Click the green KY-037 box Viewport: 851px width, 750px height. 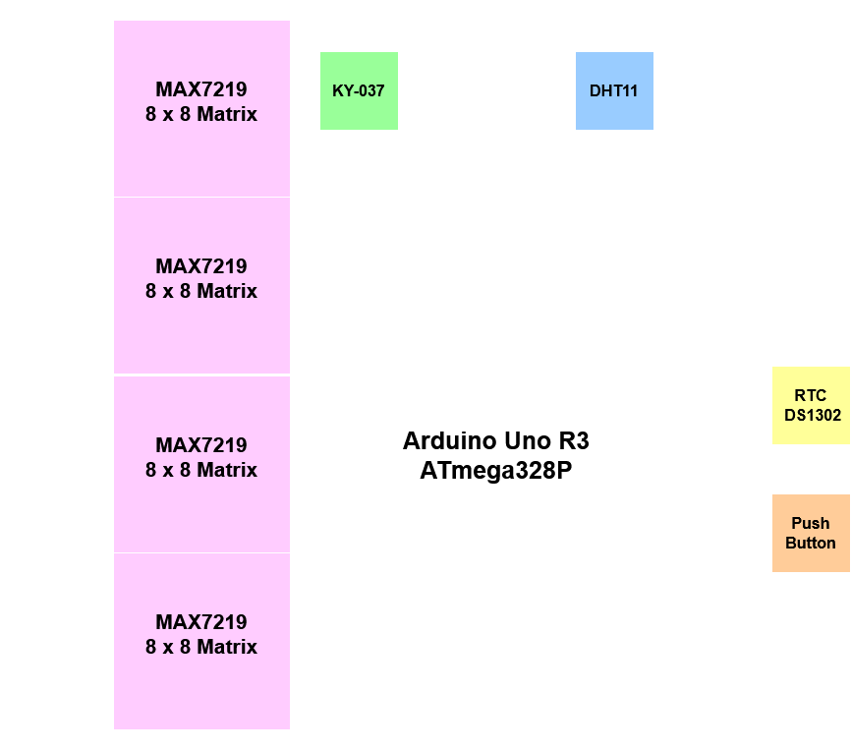(359, 90)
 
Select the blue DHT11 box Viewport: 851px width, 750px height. (614, 90)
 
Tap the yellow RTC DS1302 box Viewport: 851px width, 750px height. (812, 405)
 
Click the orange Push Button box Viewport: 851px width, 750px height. (811, 533)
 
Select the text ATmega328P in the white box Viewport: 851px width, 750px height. (496, 471)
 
